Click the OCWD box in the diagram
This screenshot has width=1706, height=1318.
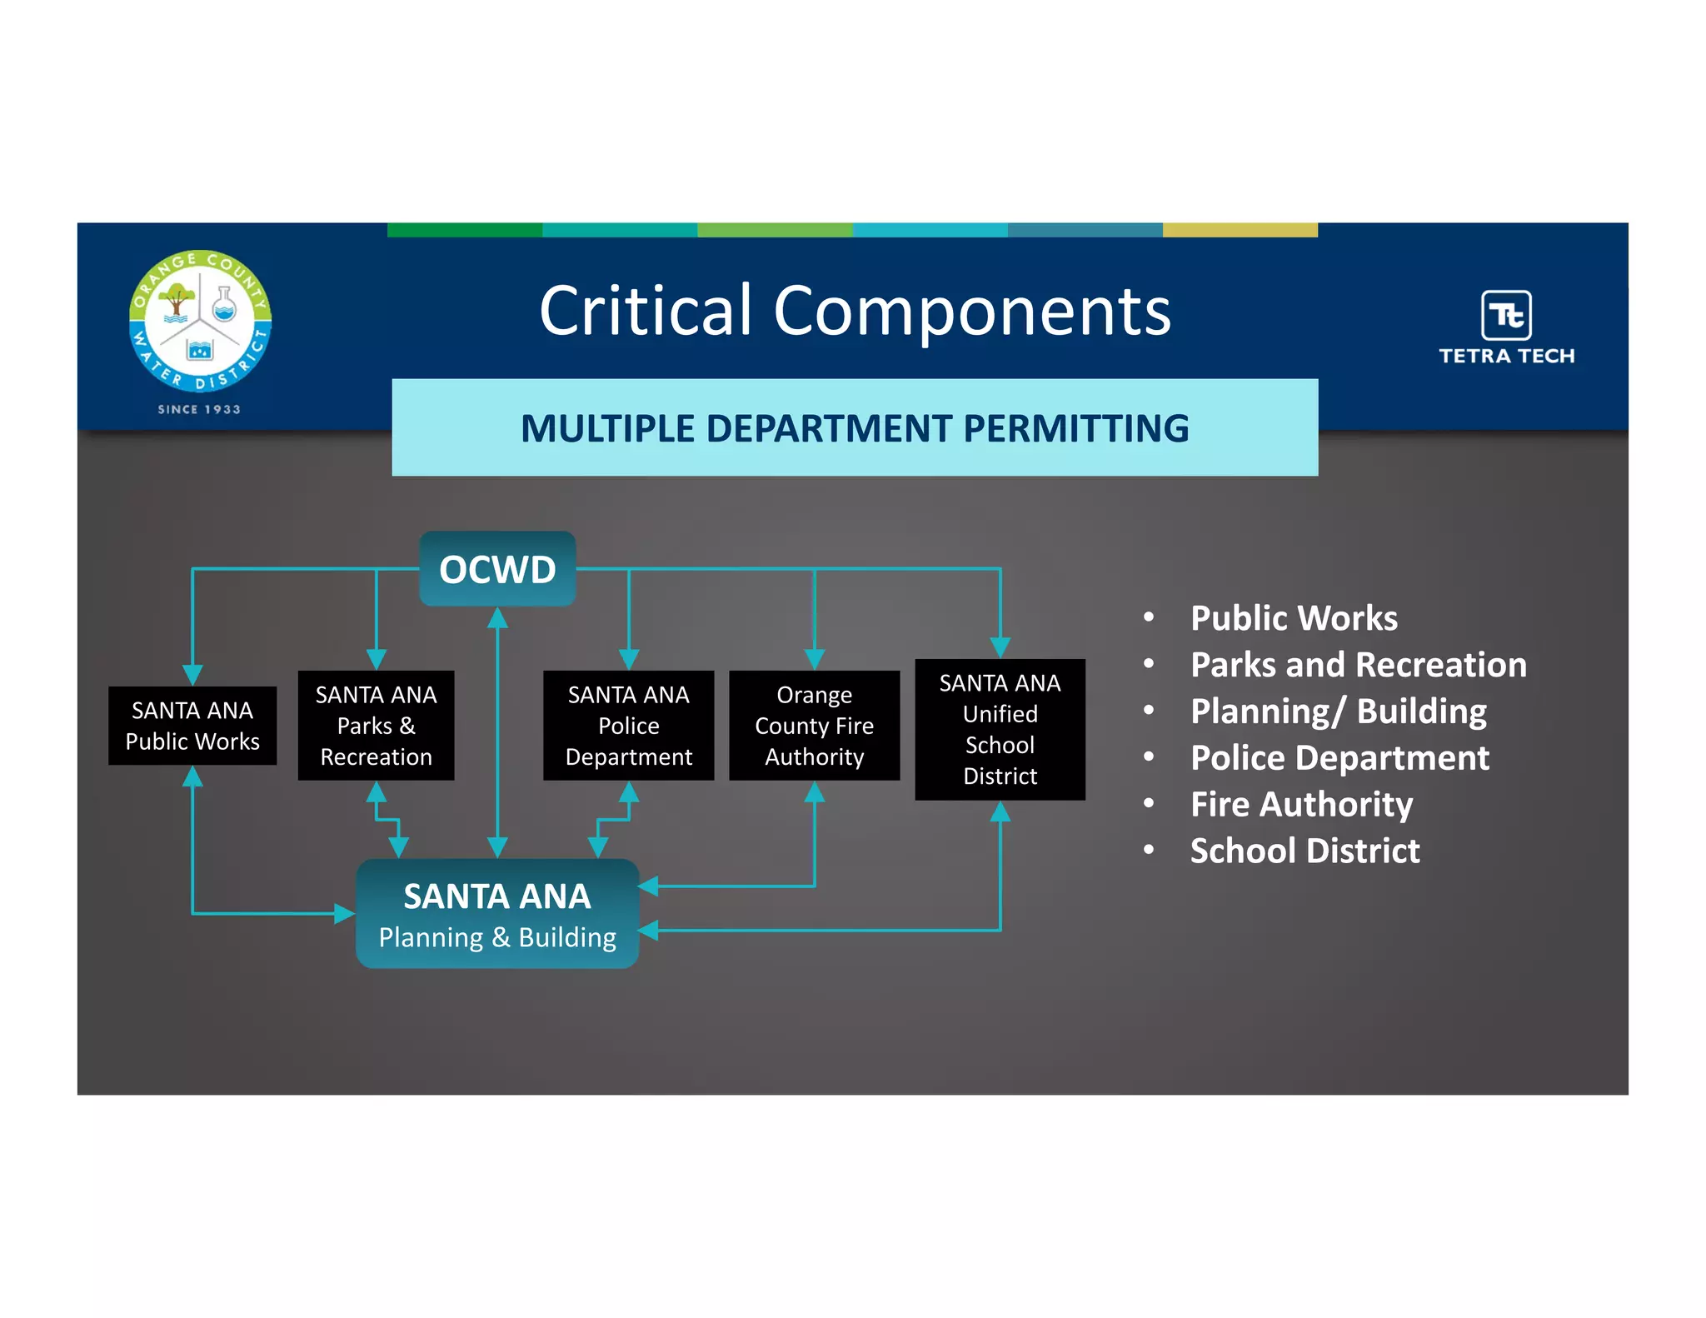[497, 569]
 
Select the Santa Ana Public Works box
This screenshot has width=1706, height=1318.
[192, 726]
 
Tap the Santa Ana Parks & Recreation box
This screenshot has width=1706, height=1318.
[376, 726]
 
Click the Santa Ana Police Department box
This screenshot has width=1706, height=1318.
[628, 726]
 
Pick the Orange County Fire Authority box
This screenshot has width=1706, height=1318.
[814, 726]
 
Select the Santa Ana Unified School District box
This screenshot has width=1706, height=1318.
[1000, 729]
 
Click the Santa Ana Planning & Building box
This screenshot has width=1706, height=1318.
[497, 914]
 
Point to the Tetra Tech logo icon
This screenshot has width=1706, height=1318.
[1506, 315]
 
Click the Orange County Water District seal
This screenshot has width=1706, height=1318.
[200, 321]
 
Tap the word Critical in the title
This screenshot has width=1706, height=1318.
[646, 311]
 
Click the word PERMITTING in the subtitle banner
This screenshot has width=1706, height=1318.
[1075, 429]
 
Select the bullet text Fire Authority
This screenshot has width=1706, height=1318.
[1301, 805]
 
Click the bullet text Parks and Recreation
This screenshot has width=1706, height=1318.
[1358, 665]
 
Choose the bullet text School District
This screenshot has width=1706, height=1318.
[1304, 851]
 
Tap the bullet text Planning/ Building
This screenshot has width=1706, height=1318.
[1338, 711]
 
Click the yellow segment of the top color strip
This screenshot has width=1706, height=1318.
[1240, 230]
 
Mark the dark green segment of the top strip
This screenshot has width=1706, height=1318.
[465, 230]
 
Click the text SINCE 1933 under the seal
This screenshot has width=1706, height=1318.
[199, 409]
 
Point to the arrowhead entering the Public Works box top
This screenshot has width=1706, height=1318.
[192, 675]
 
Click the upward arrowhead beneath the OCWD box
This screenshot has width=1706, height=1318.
[497, 618]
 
